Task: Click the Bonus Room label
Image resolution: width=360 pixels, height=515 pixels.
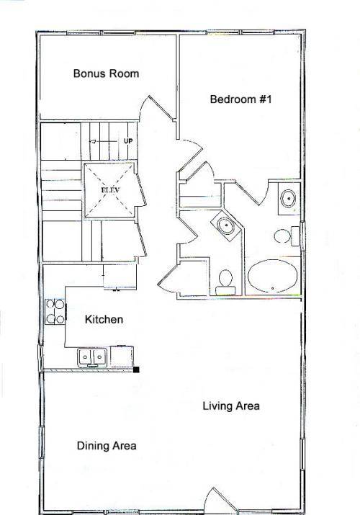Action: coord(106,73)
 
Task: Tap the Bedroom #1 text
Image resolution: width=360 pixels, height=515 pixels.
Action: coord(241,99)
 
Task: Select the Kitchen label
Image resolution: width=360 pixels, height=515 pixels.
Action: coord(104,319)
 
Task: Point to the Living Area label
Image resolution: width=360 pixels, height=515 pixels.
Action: coord(231,406)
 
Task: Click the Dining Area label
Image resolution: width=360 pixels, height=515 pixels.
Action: coord(107,446)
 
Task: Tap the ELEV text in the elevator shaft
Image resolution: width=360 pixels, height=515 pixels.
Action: coord(110,190)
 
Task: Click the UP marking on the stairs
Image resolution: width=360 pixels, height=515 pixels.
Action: coord(128,141)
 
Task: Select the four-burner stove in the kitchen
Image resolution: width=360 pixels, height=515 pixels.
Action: coord(55,312)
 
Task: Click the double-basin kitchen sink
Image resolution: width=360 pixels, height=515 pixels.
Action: coord(91,357)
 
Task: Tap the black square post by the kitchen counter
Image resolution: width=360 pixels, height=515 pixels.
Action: coord(137,370)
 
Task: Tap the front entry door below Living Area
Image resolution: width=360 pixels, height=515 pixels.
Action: coord(219,500)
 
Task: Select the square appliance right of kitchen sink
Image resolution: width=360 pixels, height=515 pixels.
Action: coord(122,357)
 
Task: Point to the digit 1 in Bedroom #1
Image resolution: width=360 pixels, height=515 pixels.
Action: coord(269,99)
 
